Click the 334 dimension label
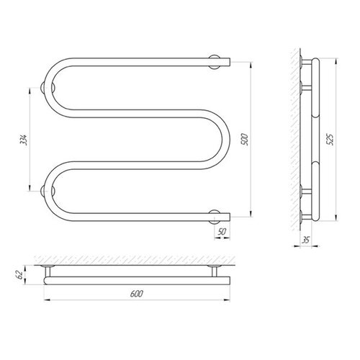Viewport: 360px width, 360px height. coord(24,140)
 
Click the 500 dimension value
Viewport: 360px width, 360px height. coord(245,140)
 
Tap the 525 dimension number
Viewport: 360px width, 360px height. coord(330,139)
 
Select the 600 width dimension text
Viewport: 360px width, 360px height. coord(137,294)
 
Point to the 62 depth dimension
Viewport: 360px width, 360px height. coord(20,275)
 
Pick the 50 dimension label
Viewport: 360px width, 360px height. coord(222,232)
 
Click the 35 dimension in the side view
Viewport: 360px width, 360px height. coord(305,240)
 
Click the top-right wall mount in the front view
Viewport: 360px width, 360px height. coord(214,62)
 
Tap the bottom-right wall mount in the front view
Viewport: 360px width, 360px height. coord(214,217)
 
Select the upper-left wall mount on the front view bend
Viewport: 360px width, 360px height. coord(48,88)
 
